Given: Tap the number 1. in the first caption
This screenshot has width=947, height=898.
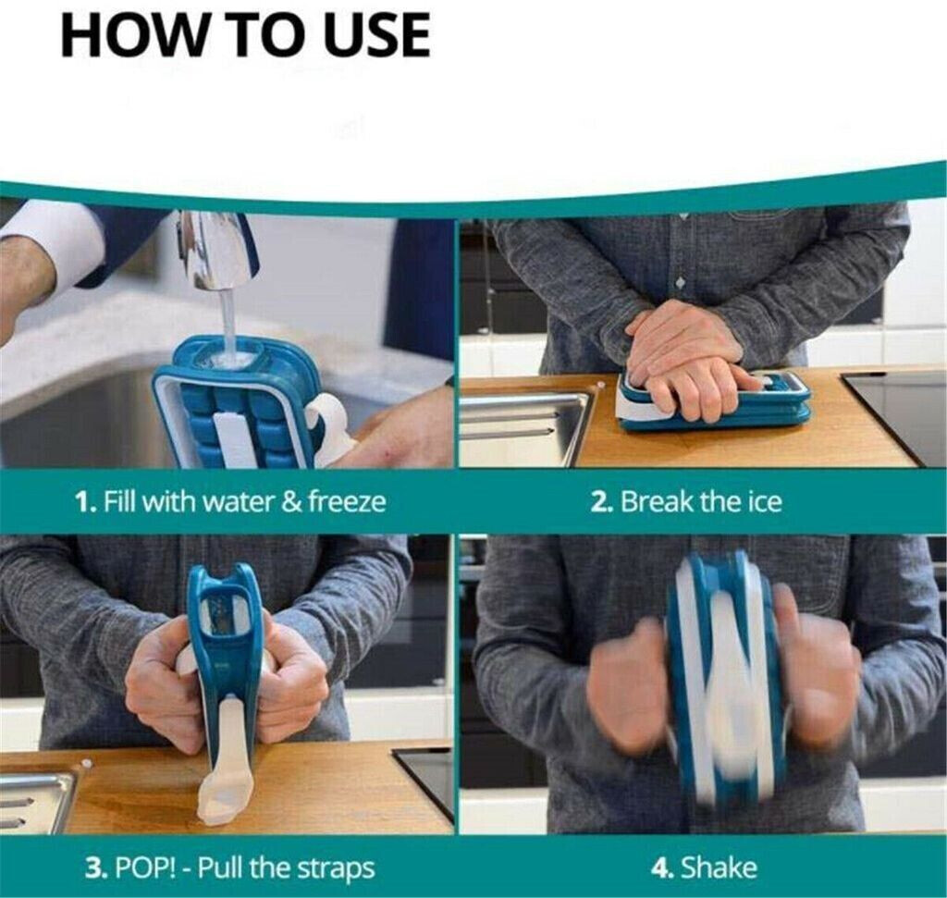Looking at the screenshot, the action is (x=85, y=502).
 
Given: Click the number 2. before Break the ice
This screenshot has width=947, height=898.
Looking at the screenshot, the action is (x=602, y=502).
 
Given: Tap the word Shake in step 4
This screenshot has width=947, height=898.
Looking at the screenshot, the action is (x=719, y=867).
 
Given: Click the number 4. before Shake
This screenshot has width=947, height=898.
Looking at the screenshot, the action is (x=662, y=868).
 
